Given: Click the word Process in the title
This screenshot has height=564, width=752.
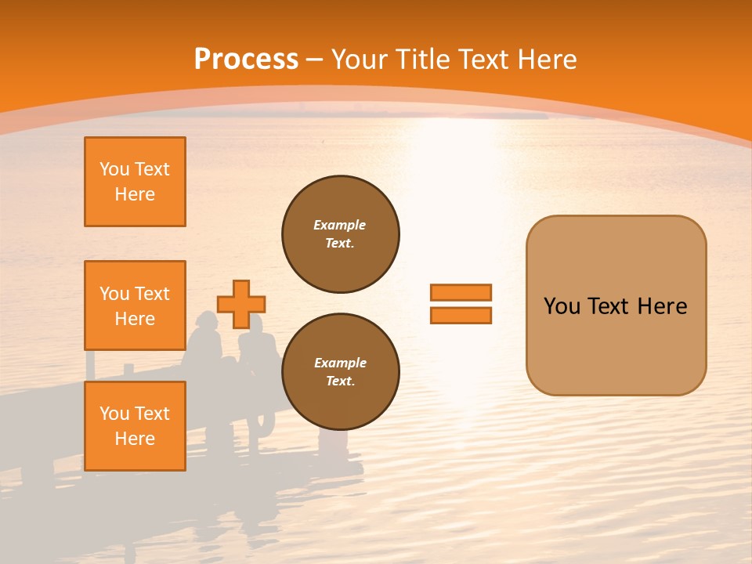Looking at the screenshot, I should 246,59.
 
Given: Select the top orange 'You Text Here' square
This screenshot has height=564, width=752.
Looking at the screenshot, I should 135,182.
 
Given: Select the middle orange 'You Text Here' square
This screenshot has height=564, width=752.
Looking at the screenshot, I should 135,305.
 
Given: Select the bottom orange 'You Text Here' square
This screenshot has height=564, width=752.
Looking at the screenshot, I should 135,426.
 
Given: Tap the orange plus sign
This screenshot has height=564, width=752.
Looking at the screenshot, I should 241,304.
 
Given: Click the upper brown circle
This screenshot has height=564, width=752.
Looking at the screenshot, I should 341,234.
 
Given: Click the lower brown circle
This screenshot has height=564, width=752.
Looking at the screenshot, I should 341,372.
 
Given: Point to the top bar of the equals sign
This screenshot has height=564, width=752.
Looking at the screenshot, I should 461,293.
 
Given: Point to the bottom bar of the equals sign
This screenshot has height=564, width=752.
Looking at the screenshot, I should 461,316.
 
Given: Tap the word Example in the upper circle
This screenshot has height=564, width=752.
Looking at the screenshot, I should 340,225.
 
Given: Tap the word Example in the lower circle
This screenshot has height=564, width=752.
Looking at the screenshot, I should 340,363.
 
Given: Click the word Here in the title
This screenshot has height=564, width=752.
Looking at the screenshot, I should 548,59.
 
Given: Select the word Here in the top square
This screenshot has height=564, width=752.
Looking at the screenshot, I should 135,194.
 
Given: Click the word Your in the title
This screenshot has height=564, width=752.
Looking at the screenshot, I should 360,59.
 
